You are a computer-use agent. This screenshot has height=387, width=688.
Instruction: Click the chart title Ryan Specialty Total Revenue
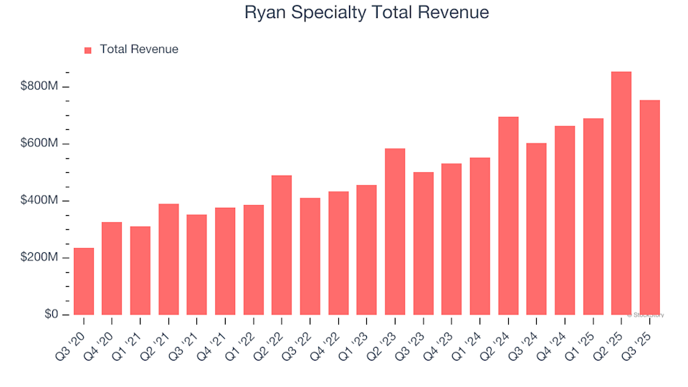point(366,13)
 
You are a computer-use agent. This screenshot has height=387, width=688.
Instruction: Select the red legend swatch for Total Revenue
point(88,50)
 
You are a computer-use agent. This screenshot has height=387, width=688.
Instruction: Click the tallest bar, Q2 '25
point(621,193)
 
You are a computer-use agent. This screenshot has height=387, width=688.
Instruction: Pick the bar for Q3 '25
point(649,208)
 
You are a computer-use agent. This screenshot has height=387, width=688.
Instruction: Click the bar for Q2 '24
point(508,216)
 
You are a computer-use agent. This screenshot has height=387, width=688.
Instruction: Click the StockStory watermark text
point(646,315)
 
